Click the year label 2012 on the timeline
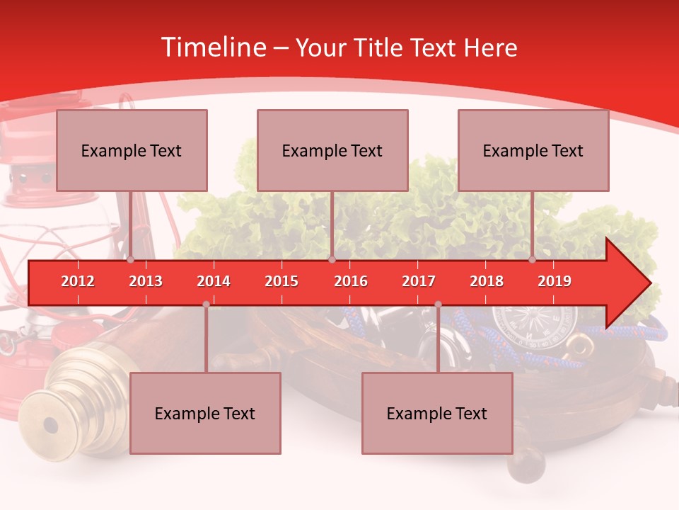point(78,281)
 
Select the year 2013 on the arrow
point(146,281)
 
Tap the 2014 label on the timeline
point(214,281)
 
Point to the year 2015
point(282,281)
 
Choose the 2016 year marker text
point(351,281)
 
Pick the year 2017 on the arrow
point(419,281)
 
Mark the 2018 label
point(487,281)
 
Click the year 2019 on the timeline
point(555,281)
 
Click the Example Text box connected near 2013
point(132,150)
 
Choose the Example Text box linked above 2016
point(332,150)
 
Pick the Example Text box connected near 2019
point(533,150)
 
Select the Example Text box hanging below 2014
point(205,413)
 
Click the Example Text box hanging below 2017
point(437,413)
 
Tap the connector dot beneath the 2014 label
point(206,304)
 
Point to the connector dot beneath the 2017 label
point(438,304)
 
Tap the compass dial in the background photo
point(555,322)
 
